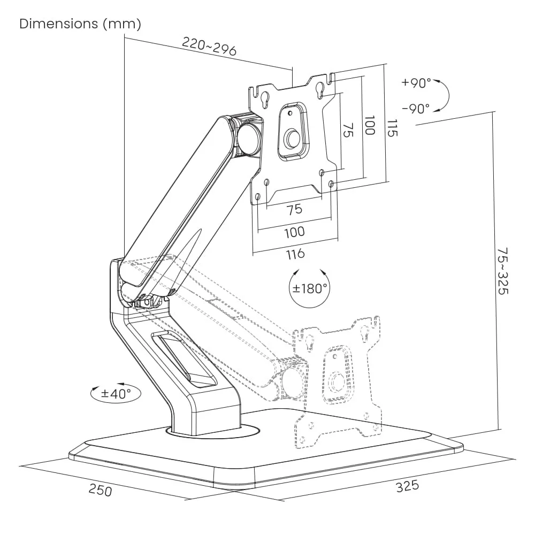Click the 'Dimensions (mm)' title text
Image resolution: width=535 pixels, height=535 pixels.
point(80,24)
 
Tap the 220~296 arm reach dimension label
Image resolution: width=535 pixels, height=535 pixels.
point(209,47)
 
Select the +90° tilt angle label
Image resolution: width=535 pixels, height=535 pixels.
point(416,83)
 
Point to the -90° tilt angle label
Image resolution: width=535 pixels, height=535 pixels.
point(416,109)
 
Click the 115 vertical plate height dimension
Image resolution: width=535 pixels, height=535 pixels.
point(392,127)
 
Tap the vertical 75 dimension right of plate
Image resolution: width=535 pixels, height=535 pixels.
point(348,130)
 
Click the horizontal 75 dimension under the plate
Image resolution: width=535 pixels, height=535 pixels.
point(294,209)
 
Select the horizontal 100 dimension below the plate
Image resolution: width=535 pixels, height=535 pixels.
point(294,232)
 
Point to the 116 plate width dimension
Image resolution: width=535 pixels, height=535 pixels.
point(295,254)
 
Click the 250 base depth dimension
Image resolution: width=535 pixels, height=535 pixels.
point(101,489)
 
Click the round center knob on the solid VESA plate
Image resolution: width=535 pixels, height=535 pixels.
point(292,139)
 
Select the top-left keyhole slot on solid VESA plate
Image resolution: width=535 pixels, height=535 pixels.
point(264,97)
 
